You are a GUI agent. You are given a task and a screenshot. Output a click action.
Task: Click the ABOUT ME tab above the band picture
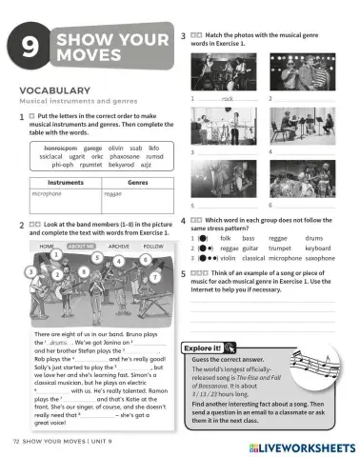[x=83, y=246]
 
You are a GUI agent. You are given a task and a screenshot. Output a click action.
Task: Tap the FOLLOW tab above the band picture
[x=153, y=246]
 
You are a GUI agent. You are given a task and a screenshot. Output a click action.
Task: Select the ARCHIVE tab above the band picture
[x=119, y=246]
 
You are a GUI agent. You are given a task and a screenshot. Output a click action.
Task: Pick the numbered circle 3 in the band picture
[x=31, y=272]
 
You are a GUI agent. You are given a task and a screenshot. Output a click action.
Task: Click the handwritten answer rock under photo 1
[x=228, y=98]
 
